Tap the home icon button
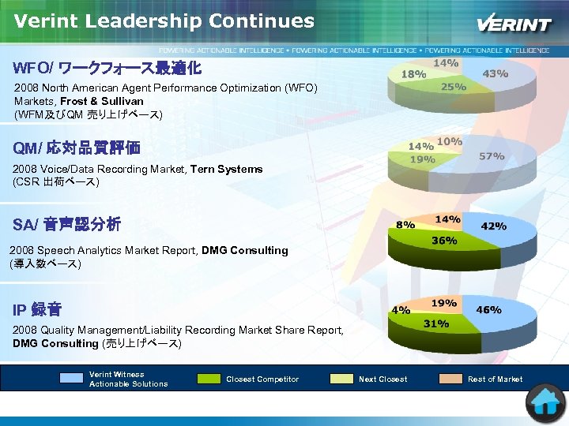point(546,402)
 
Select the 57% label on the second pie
point(492,156)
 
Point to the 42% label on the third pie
point(494,226)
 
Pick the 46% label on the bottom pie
point(488,310)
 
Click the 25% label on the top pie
point(453,86)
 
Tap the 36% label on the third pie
point(443,241)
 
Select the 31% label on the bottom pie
point(436,323)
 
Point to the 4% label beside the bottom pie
point(401,310)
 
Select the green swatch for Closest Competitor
point(209,379)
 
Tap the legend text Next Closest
point(383,379)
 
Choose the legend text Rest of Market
point(495,379)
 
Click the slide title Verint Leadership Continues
point(164,21)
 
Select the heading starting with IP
point(37,309)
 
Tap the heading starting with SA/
point(67,225)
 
